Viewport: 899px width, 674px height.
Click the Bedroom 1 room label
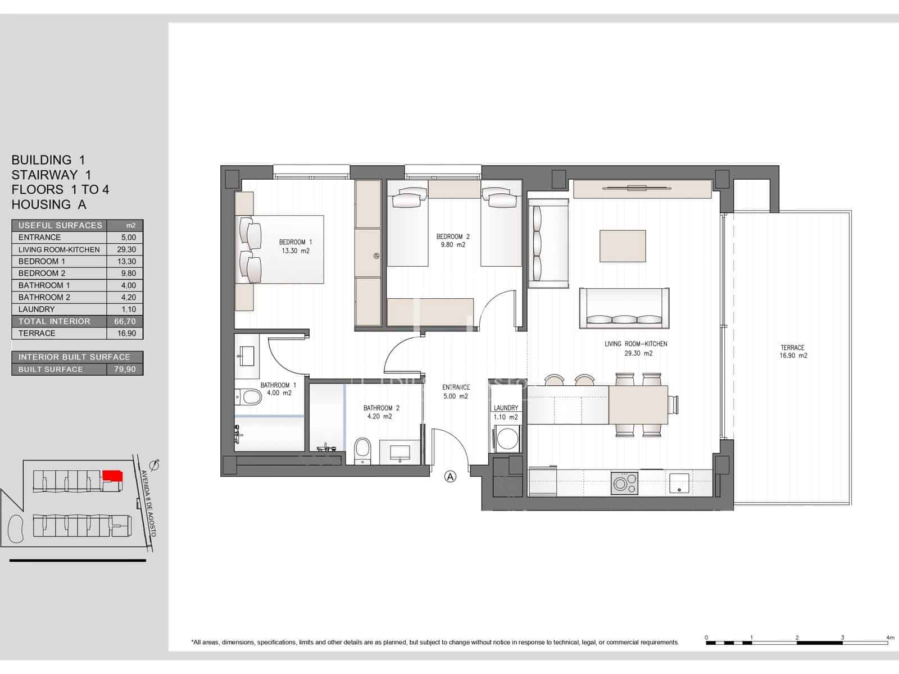pyautogui.click(x=295, y=247)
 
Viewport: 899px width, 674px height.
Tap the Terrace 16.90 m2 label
pyautogui.click(x=793, y=352)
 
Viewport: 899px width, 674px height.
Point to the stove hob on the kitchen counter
pyautogui.click(x=625, y=483)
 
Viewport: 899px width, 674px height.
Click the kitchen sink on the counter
pyautogui.click(x=679, y=482)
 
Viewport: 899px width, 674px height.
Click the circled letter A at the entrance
pyautogui.click(x=450, y=476)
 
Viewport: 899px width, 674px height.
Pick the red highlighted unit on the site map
pyautogui.click(x=112, y=476)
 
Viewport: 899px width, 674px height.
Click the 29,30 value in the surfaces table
pyautogui.click(x=125, y=249)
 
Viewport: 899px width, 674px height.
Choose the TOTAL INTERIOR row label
pyautogui.click(x=54, y=321)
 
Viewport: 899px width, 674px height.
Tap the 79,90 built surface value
pyautogui.click(x=125, y=369)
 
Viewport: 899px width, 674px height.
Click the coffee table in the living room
pyautogui.click(x=622, y=246)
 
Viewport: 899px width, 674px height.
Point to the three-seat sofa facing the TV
pyautogui.click(x=624, y=308)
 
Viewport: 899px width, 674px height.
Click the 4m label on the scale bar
pyautogui.click(x=889, y=637)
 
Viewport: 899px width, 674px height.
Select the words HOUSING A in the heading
pyautogui.click(x=49, y=204)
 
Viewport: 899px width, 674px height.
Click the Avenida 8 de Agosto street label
pyautogui.click(x=148, y=503)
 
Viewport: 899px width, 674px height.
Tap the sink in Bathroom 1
pyautogui.click(x=246, y=357)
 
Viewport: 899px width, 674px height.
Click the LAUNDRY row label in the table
pyautogui.click(x=37, y=309)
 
